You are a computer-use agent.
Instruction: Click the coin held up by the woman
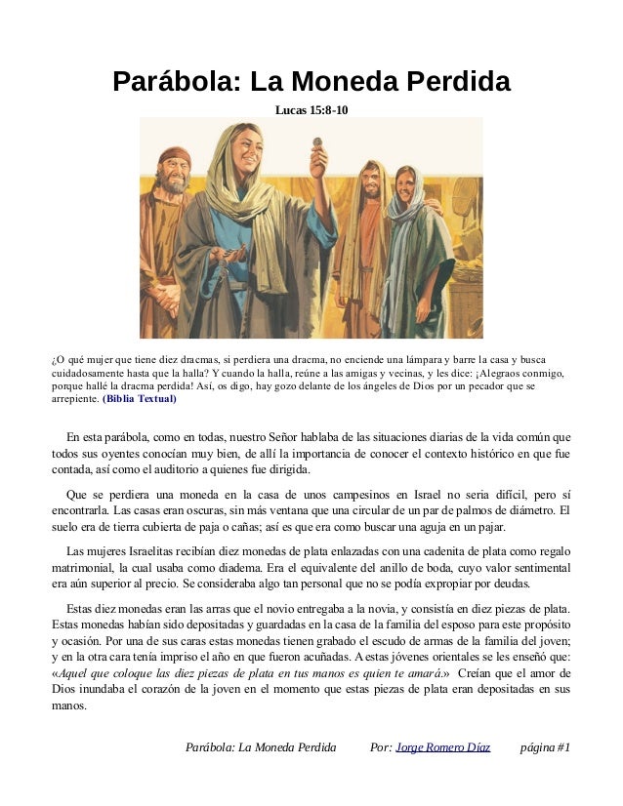[316, 144]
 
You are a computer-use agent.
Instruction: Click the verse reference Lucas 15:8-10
[311, 111]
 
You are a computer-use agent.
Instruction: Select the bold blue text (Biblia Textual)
[140, 399]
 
